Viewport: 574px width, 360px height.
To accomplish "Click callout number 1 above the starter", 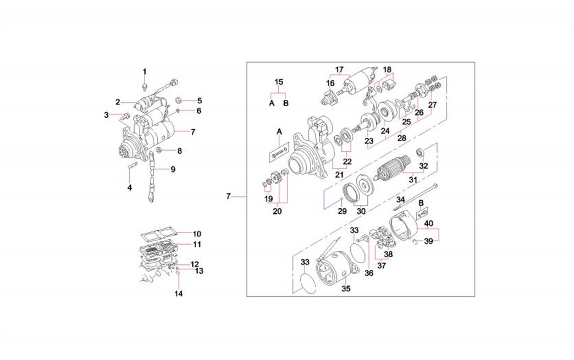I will tap(145, 71).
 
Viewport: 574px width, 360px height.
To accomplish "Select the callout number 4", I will tap(130, 187).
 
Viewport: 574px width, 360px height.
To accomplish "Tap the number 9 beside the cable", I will tap(173, 169).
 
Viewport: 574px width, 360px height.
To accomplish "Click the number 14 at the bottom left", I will tap(178, 293).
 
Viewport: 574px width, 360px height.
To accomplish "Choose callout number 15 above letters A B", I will tap(279, 82).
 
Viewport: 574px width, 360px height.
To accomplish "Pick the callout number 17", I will tap(339, 70).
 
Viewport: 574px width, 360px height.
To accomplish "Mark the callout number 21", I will tap(339, 174).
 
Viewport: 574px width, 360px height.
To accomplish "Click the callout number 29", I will tap(341, 211).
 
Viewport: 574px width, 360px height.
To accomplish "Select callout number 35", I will tap(346, 288).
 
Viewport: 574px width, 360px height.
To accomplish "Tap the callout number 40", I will tap(429, 223).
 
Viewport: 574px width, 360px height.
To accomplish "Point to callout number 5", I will tap(200, 101).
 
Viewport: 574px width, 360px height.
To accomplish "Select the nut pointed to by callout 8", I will tap(159, 151).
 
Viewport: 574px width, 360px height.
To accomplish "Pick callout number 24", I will tap(385, 131).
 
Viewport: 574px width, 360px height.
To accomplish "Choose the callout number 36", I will tap(369, 272).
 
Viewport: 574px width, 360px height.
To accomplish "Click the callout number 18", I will tap(388, 70).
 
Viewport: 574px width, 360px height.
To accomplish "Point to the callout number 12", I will tap(195, 264).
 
